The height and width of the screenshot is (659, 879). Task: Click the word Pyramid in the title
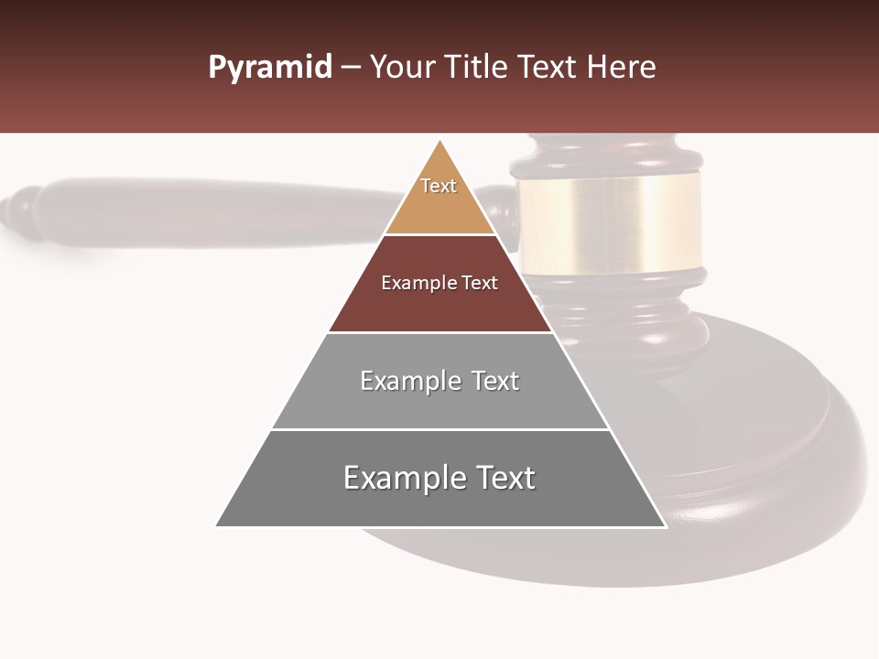(269, 68)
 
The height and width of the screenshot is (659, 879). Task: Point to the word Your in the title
(401, 68)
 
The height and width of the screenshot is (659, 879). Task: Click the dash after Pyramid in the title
(350, 68)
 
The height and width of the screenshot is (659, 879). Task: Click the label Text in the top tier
(439, 186)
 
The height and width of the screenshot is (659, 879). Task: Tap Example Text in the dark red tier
(439, 283)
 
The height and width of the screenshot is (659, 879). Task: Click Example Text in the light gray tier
(439, 381)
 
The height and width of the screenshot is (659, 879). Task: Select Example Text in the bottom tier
(439, 478)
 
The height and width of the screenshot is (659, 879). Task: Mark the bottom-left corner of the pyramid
(216, 526)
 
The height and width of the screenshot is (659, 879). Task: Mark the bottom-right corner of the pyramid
(666, 526)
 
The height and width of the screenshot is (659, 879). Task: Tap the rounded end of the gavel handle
(20, 211)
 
